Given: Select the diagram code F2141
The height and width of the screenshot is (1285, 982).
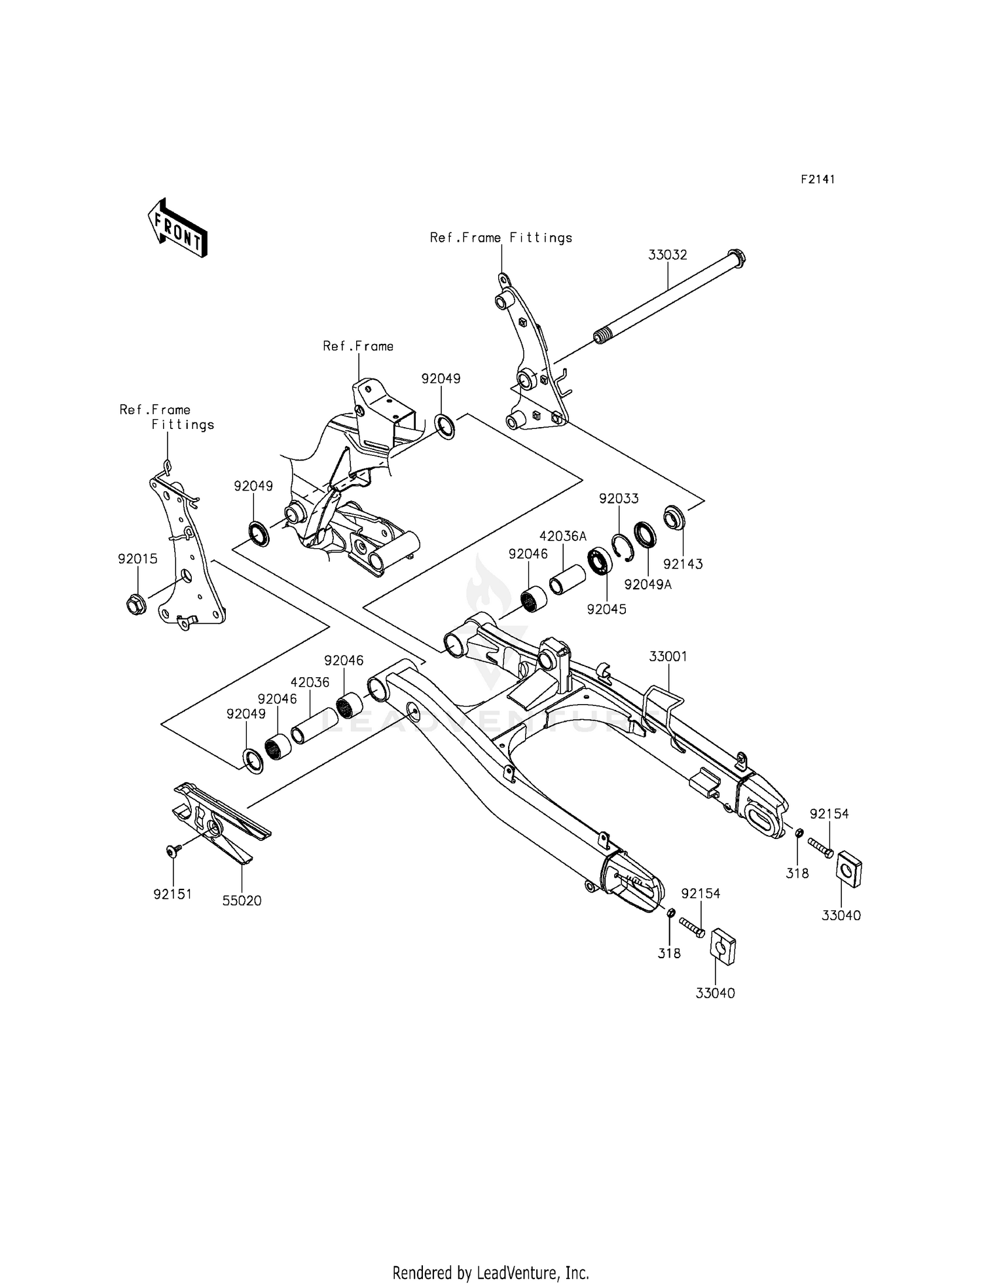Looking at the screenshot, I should pyautogui.click(x=817, y=179).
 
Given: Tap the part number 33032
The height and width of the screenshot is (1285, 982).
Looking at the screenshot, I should pyautogui.click(x=668, y=255).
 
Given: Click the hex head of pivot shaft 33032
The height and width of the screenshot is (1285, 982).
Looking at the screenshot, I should pyautogui.click(x=737, y=257).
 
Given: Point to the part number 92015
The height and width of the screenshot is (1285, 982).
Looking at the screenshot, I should pyautogui.click(x=137, y=559).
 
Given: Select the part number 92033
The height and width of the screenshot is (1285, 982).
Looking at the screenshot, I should pyautogui.click(x=619, y=498).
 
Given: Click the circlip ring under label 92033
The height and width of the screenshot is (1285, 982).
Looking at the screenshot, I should pyautogui.click(x=623, y=548).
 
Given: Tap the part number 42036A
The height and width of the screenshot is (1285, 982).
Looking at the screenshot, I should pyautogui.click(x=562, y=536).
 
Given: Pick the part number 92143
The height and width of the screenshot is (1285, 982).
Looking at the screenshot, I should pyautogui.click(x=683, y=564).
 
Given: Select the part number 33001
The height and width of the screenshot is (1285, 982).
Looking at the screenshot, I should pyautogui.click(x=668, y=656).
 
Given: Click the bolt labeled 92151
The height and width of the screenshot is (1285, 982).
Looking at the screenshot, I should pyautogui.click(x=173, y=850).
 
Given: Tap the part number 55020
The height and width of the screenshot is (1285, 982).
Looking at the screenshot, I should pyautogui.click(x=242, y=901).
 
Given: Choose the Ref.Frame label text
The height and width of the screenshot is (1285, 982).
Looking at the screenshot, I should pyautogui.click(x=358, y=346).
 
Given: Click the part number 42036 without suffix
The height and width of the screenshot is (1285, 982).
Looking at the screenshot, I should pyautogui.click(x=310, y=682).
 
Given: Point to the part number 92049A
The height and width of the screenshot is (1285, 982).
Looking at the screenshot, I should pyautogui.click(x=647, y=584).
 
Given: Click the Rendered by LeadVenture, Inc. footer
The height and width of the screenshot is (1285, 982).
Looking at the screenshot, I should pyautogui.click(x=490, y=1273).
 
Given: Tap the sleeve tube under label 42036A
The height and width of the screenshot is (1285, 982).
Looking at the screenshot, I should pyautogui.click(x=564, y=566).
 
